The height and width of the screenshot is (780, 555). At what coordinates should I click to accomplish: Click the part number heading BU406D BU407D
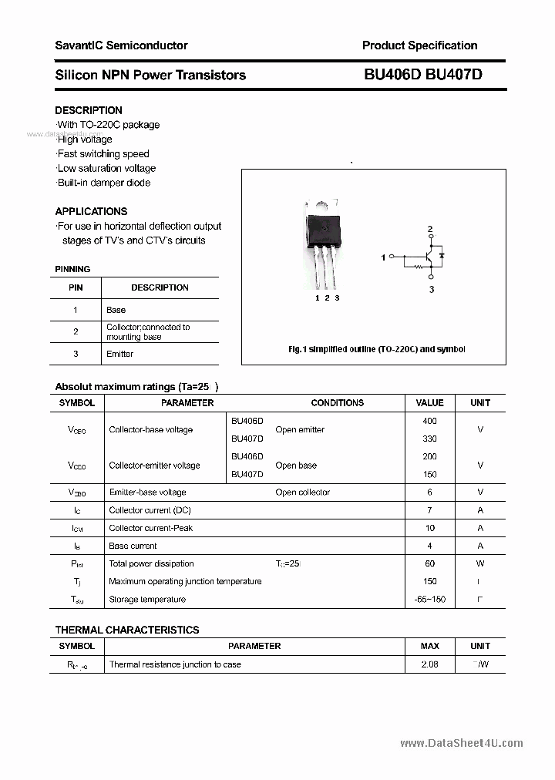[x=422, y=75]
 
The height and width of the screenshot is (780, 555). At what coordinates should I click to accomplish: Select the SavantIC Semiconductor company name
[x=121, y=45]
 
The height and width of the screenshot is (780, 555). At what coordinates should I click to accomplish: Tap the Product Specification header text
[x=419, y=45]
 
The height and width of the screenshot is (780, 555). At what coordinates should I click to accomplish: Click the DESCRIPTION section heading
[x=89, y=110]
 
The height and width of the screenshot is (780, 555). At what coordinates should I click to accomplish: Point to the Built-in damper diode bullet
[x=103, y=183]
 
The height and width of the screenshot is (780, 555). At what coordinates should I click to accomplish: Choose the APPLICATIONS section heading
[x=91, y=211]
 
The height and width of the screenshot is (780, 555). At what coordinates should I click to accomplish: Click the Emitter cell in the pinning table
[x=119, y=354]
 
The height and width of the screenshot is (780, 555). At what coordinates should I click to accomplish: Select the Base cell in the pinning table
[x=116, y=310]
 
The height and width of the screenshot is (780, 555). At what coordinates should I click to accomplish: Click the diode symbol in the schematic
[x=442, y=255]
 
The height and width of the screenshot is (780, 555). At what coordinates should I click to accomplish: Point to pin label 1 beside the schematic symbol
[x=383, y=257]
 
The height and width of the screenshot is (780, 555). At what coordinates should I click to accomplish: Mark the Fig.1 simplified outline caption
[x=376, y=349]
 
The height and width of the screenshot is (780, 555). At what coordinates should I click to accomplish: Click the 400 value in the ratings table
[x=429, y=421]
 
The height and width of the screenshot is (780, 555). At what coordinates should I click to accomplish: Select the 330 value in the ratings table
[x=429, y=439]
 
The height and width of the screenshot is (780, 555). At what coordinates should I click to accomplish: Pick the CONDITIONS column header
[x=337, y=403]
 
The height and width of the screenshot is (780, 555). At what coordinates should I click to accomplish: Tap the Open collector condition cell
[x=302, y=493]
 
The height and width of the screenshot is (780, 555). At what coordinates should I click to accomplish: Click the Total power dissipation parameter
[x=151, y=564]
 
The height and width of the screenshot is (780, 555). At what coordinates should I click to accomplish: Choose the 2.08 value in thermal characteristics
[x=429, y=664]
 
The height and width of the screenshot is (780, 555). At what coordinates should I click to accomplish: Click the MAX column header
[x=429, y=646]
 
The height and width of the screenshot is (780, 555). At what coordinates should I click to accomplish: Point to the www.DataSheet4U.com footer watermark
[x=461, y=744]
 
